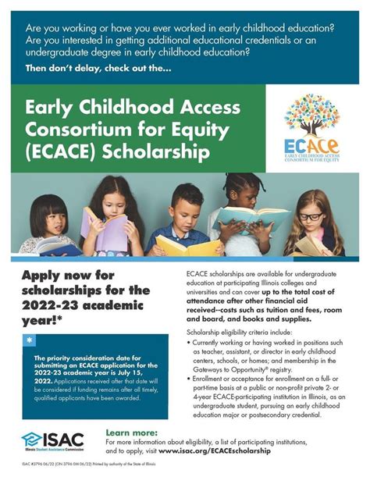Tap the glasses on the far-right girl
310,215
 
